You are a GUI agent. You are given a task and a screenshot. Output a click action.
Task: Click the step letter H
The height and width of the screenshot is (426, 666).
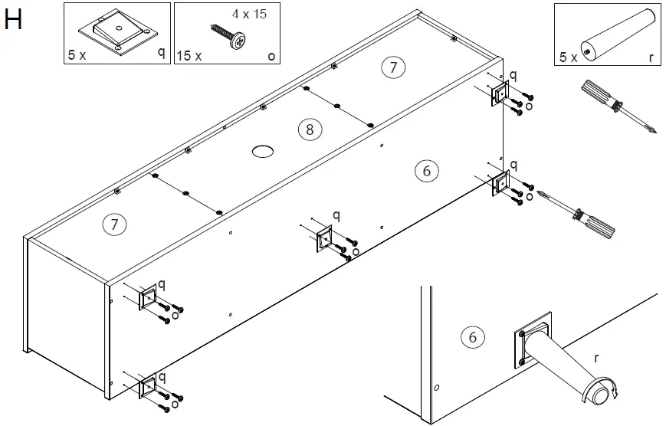click(14, 21)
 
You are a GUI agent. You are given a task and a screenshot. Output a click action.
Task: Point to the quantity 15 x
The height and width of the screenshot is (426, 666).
click(189, 56)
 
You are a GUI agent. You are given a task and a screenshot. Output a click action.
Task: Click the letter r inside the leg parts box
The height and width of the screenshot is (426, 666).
click(651, 56)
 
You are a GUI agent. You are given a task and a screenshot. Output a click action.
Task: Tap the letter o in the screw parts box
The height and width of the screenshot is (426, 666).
click(271, 56)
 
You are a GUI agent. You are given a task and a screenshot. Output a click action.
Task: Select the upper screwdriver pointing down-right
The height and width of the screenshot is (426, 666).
click(616, 105)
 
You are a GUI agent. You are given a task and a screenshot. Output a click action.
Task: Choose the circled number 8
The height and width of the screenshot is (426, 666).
click(309, 129)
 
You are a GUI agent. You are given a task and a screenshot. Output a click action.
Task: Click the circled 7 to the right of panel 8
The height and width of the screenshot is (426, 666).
click(392, 67)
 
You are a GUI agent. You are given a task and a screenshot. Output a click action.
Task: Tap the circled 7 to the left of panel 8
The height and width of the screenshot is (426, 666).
click(114, 224)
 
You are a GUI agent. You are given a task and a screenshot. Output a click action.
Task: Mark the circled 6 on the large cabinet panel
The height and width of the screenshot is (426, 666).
click(427, 171)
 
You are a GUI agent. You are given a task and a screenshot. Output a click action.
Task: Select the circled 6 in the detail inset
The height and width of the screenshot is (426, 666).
click(472, 336)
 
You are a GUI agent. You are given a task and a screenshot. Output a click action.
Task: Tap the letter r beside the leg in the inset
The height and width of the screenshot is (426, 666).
click(595, 357)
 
